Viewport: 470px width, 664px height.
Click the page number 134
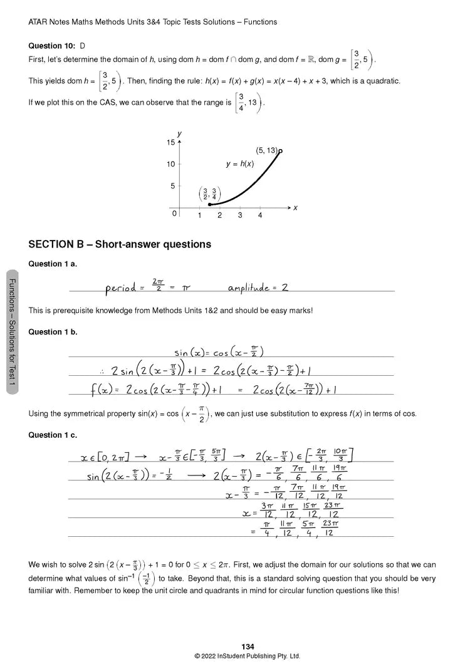247,646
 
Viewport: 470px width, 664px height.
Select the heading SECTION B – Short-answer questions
120,244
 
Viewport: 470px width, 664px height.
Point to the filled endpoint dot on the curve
209,204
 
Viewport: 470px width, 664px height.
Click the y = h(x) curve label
240,163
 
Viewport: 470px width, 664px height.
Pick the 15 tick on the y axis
170,143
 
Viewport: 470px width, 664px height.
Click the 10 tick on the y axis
170,165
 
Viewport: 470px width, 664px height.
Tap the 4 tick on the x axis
260,215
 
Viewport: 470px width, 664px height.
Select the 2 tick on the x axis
219,215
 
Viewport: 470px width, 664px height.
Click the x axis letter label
295,207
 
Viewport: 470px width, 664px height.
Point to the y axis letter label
179,133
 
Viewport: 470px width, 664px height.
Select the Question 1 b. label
53,332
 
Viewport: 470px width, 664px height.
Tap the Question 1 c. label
53,435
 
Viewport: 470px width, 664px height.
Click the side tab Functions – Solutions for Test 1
13,333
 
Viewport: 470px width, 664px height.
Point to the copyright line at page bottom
247,656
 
